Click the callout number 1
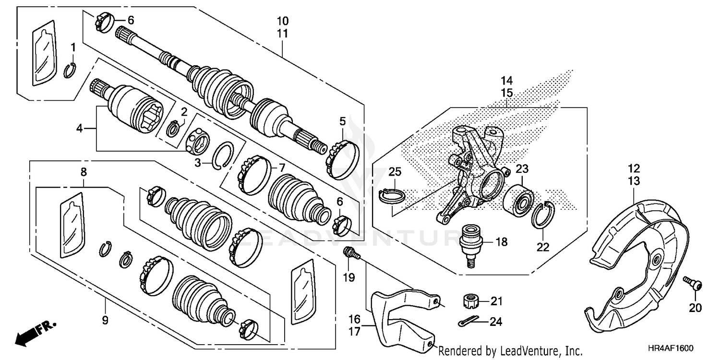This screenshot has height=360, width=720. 73,47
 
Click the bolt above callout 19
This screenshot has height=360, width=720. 350,252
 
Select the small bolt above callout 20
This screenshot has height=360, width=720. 692,283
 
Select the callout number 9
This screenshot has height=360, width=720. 105,320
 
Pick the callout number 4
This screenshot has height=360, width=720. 80,129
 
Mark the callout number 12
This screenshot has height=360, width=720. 634,168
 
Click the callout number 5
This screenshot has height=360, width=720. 342,121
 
